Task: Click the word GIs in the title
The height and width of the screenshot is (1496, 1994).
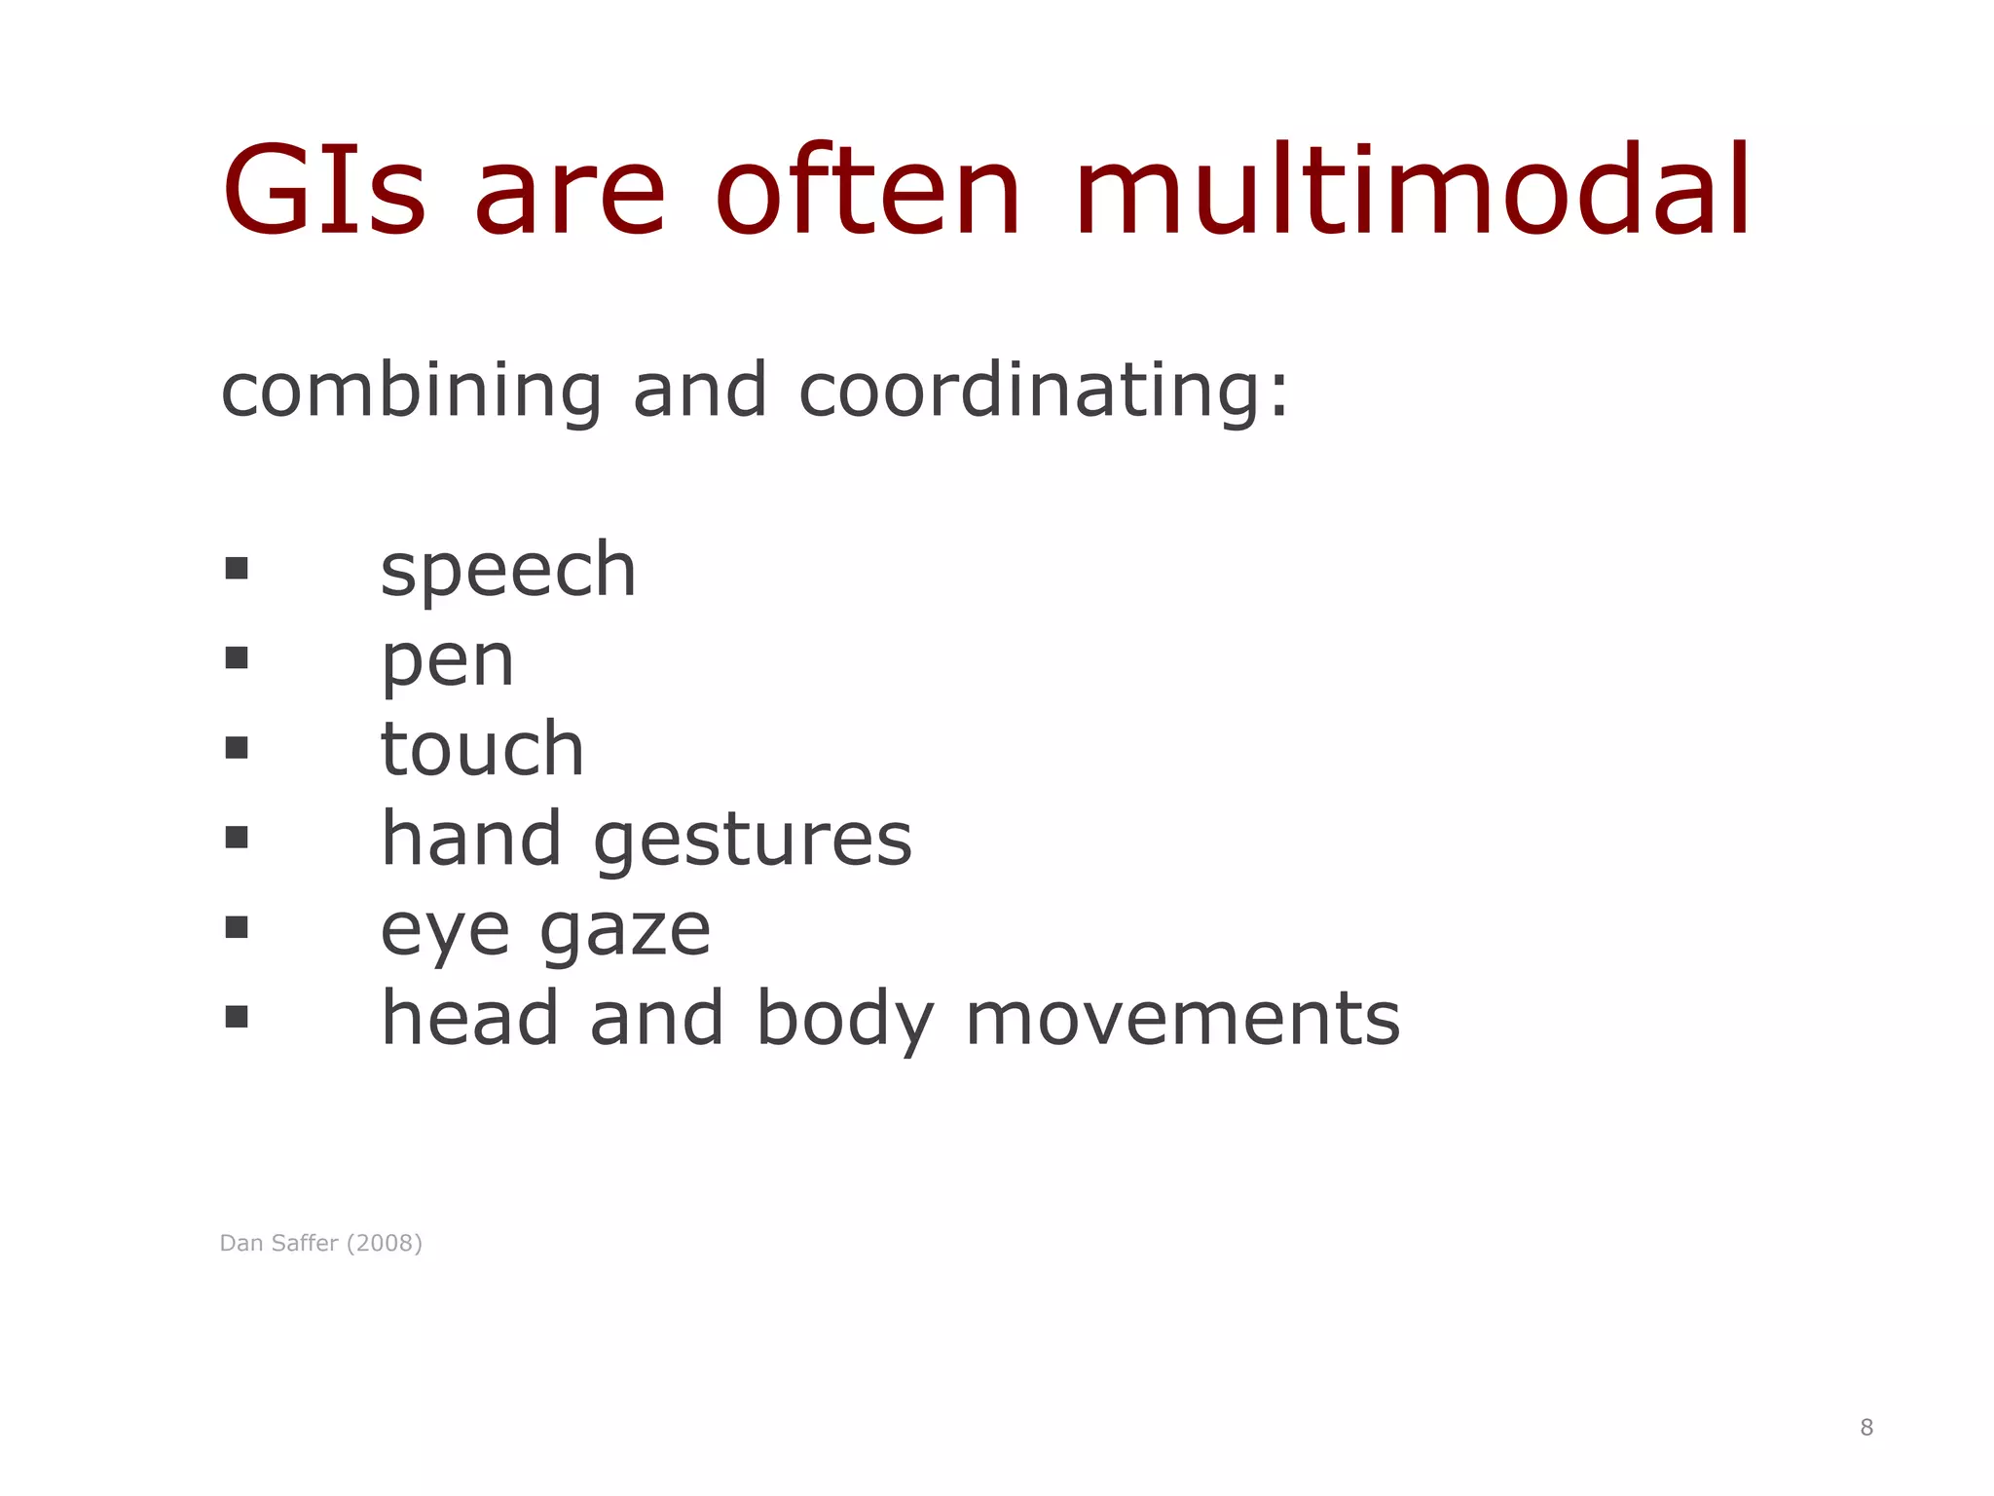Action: (x=324, y=191)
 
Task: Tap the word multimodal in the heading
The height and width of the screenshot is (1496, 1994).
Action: (x=1413, y=191)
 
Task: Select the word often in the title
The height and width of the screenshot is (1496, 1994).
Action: (x=868, y=191)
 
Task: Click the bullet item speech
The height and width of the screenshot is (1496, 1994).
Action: (x=507, y=570)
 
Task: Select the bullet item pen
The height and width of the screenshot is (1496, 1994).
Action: (x=447, y=661)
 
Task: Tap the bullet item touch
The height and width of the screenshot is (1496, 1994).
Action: (x=482, y=749)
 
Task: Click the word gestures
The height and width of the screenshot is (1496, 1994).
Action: (x=753, y=840)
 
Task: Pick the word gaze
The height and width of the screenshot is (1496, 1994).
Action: (x=625, y=930)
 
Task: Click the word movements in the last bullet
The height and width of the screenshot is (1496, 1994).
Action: (x=1182, y=1019)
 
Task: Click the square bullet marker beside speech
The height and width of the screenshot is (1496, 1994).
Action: (x=236, y=568)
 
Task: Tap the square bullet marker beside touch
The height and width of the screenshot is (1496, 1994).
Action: (x=236, y=747)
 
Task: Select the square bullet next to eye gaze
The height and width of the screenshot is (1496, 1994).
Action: (x=236, y=927)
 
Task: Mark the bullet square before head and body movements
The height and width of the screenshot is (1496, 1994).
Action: (x=236, y=1017)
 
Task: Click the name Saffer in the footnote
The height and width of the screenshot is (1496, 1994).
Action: (x=305, y=1244)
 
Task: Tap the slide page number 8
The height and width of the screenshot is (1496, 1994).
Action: (x=1865, y=1428)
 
